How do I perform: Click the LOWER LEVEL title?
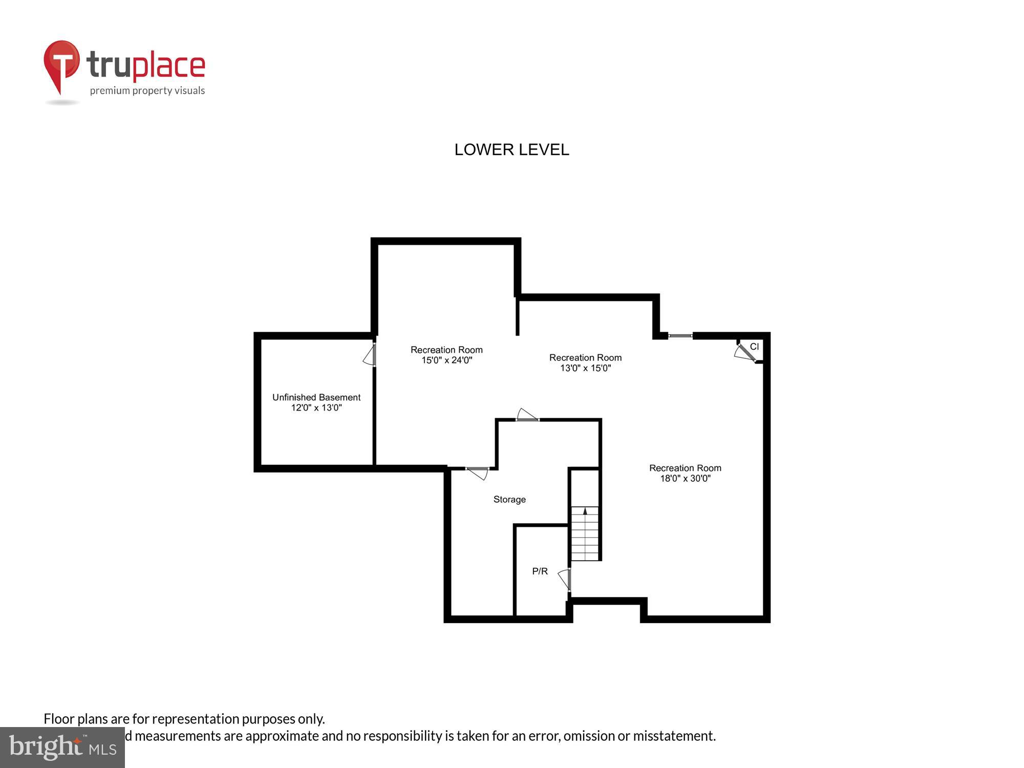tap(511, 150)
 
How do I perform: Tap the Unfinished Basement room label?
tap(316, 397)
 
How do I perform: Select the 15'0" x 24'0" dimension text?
tap(446, 360)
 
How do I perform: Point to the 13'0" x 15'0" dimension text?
tap(585, 368)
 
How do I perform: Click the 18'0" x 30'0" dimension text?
tap(685, 479)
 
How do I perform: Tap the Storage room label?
tap(509, 499)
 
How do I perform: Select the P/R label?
tap(540, 571)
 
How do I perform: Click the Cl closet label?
tap(754, 347)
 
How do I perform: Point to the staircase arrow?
tap(585, 511)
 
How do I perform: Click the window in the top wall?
tap(680, 336)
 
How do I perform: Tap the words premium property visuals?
tap(147, 91)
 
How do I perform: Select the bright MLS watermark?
tap(62, 748)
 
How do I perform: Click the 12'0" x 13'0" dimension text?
tap(316, 408)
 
